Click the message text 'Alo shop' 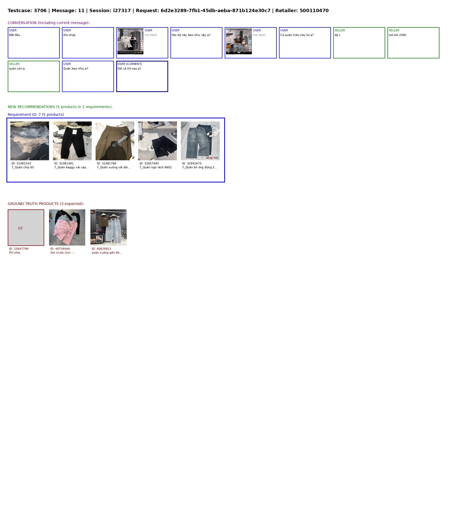click(69, 35)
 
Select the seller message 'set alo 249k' click(397, 35)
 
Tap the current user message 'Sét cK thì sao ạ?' click(129, 69)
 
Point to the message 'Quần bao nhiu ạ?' click(76, 69)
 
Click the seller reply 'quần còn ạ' click(17, 69)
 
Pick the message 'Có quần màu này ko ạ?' click(297, 35)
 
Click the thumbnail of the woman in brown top click(239, 41)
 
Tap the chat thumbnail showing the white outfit click(130, 41)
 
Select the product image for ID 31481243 click(30, 141)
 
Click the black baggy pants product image click(72, 141)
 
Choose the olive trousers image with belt click(115, 141)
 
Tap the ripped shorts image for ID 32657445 click(158, 141)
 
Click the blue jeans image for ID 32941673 click(200, 141)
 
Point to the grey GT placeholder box click(26, 227)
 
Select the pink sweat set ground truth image click(67, 227)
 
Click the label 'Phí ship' click(14, 253)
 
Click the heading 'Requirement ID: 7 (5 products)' click(36, 115)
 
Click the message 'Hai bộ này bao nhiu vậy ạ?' click(191, 35)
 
